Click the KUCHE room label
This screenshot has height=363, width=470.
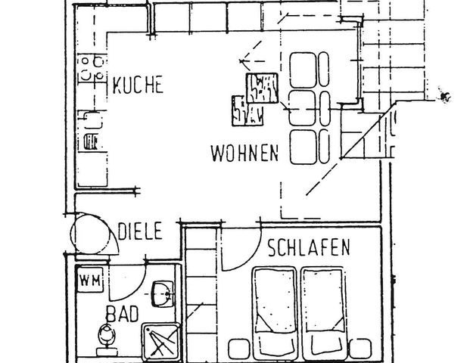pos(138,85)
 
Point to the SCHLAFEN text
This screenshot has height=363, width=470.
pos(307,247)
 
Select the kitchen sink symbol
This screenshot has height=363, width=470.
pos(91,118)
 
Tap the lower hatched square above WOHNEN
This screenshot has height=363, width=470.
pos(247,111)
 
